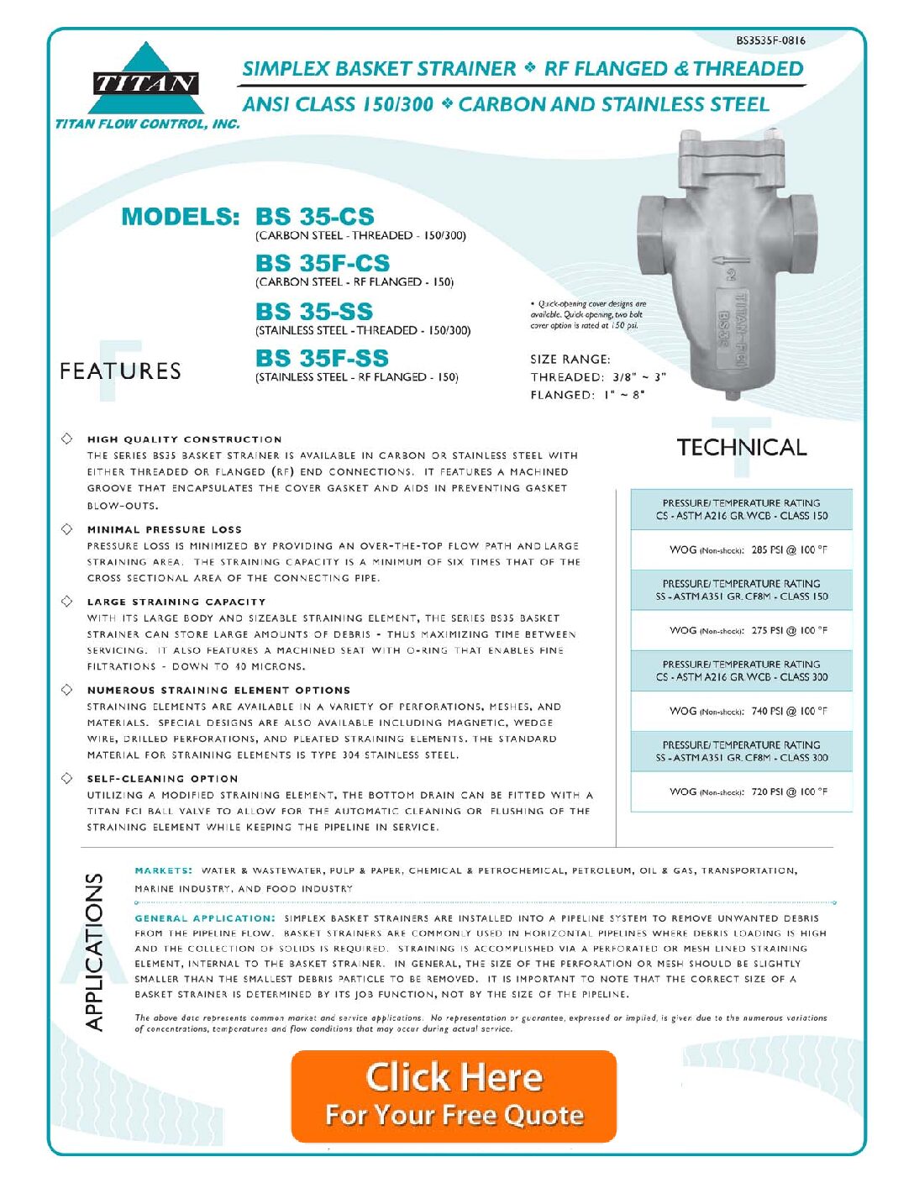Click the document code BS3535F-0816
coord(770,40)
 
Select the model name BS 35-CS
coord(315,217)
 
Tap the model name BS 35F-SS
coord(322,358)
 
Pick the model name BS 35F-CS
coord(323,263)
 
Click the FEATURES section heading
coord(120,371)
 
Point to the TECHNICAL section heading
coord(742,448)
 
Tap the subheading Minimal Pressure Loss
coord(164,530)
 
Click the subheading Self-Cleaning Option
coord(162,779)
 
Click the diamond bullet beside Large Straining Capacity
coord(66,602)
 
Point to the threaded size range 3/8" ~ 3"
coord(639,377)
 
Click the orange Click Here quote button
coord(454,1096)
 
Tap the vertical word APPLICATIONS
coord(94,951)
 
